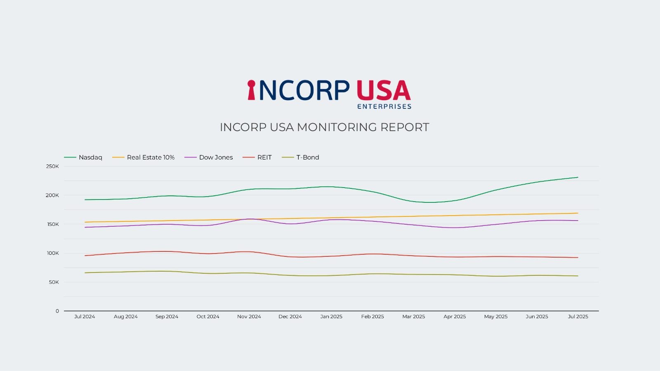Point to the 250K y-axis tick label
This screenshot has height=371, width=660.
tap(52, 167)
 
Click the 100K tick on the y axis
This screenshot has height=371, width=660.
tap(53, 253)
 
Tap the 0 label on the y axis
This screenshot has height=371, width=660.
tap(57, 311)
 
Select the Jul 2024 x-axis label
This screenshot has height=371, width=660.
tap(85, 317)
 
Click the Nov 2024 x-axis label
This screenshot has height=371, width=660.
tap(249, 317)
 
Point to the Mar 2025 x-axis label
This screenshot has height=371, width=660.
tap(413, 317)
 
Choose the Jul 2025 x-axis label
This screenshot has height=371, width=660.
tap(578, 317)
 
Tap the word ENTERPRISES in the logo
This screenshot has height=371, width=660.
tap(384, 106)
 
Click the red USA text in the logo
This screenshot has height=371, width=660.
tap(383, 90)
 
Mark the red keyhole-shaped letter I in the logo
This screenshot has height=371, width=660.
tap(251, 90)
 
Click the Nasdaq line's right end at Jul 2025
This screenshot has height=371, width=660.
tap(578, 177)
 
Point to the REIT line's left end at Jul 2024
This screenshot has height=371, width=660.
tap(85, 256)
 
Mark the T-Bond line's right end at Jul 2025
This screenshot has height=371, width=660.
tap(578, 276)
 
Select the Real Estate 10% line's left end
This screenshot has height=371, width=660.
tap(85, 222)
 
